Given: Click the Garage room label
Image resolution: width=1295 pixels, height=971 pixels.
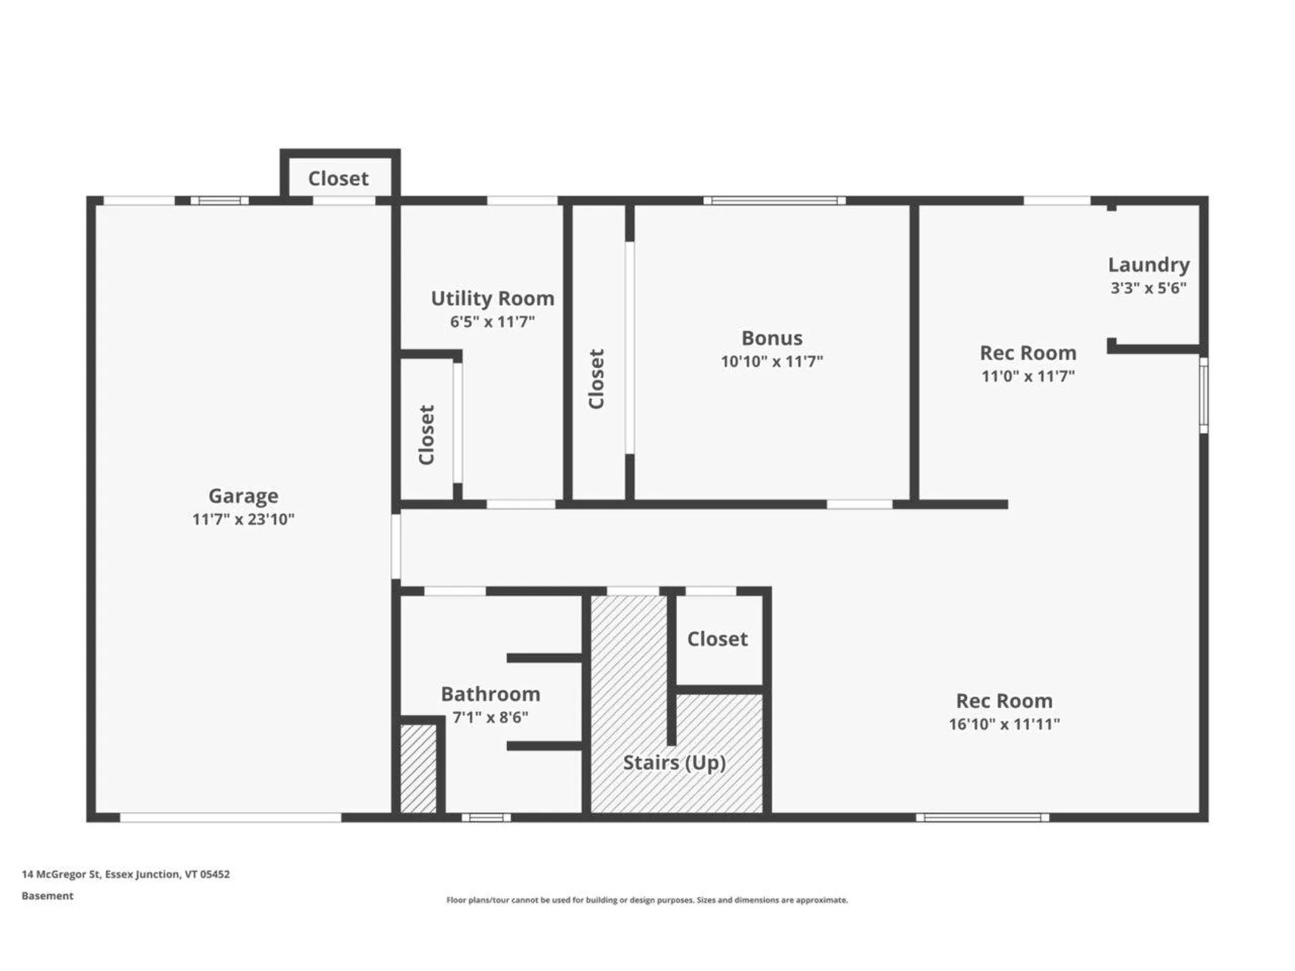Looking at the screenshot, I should click(x=243, y=496).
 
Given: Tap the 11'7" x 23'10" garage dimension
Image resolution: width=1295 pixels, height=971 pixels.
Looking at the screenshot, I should click(x=243, y=519).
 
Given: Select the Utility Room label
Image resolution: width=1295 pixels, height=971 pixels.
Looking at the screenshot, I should click(x=492, y=298).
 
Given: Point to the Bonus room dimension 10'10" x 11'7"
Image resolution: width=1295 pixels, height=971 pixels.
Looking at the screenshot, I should click(x=772, y=361).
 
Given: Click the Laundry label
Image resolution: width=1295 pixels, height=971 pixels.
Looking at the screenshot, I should click(x=1148, y=264).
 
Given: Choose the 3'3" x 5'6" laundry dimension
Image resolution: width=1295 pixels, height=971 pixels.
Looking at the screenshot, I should click(x=1148, y=288).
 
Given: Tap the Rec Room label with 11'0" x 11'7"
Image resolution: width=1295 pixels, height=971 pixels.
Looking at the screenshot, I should click(x=1027, y=353).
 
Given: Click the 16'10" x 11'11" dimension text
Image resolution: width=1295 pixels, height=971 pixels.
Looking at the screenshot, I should click(x=1004, y=724).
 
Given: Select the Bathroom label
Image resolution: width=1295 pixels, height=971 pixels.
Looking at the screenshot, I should click(x=490, y=694).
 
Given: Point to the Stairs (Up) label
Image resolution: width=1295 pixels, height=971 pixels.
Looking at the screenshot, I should click(x=674, y=763).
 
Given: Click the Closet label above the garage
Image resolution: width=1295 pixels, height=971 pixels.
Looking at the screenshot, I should click(x=338, y=179).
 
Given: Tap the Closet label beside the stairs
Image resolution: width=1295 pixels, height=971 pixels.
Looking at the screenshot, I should click(x=717, y=639).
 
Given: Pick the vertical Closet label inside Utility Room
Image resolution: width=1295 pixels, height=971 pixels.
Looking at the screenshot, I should click(x=426, y=435).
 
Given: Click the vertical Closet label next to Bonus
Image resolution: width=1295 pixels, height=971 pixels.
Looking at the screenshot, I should click(x=596, y=379).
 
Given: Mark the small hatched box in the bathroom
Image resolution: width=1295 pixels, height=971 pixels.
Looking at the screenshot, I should click(x=418, y=769).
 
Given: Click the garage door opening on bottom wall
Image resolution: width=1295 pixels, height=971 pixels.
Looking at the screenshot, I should click(x=231, y=817).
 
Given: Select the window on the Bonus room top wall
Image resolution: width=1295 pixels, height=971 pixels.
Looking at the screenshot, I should click(x=774, y=200).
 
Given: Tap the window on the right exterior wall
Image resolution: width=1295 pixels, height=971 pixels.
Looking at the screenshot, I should click(x=1203, y=395).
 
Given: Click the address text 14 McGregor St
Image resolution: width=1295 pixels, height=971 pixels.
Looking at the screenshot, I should click(x=125, y=874).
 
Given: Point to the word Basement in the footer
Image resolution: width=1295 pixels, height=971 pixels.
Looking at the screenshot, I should click(x=47, y=895).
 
